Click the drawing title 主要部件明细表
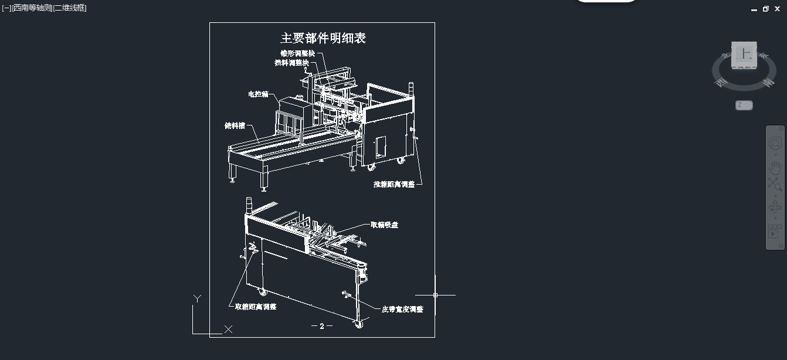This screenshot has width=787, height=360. tap(323, 38)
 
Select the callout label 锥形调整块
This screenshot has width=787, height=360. tap(297, 53)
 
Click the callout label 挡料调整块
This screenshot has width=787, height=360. tap(291, 62)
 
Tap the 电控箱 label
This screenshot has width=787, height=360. tap(258, 93)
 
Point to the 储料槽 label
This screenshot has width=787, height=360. tap(235, 125)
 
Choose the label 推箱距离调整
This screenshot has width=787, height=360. tap(394, 184)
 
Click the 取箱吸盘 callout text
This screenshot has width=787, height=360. tap(384, 225)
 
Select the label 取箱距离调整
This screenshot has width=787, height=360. tap(256, 307)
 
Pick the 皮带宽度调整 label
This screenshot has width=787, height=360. tap(402, 309)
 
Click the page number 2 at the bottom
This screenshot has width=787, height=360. tap(322, 326)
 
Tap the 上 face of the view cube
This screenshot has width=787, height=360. tap(745, 54)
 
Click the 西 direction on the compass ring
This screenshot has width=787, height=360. tap(721, 83)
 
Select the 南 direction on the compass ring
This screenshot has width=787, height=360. tap(768, 83)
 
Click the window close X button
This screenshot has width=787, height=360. tap(778, 9)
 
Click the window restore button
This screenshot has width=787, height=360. tap(766, 9)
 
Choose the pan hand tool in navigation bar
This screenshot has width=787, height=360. tap(775, 167)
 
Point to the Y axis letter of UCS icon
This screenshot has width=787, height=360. tap(198, 299)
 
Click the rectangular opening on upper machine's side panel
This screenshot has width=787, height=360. tap(381, 147)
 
